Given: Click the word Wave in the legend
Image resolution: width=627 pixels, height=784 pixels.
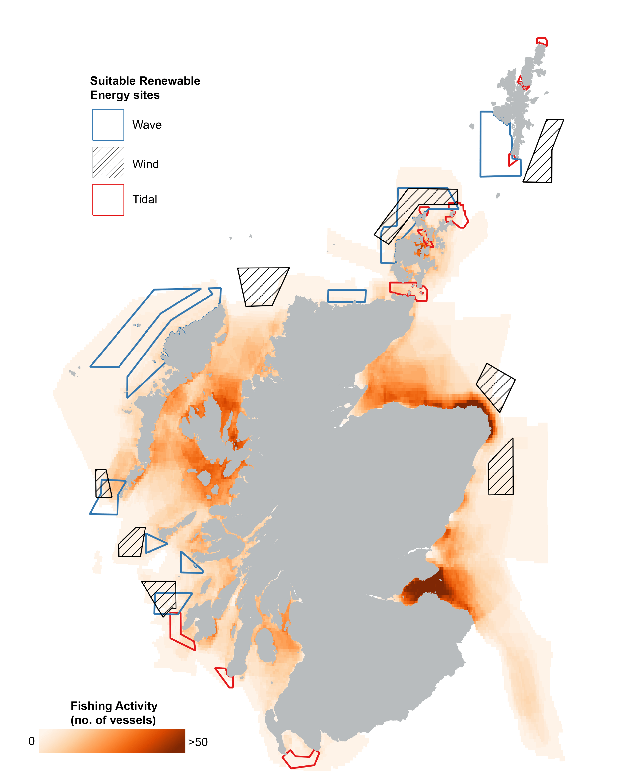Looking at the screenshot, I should tap(147, 125).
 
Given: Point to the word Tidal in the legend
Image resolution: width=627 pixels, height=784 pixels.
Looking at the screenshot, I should tap(145, 200).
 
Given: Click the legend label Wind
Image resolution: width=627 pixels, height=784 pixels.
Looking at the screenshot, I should tap(145, 164).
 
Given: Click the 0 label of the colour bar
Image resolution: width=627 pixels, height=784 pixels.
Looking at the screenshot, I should tap(32, 741).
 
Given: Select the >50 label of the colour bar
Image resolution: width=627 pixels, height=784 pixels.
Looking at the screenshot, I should tap(198, 742).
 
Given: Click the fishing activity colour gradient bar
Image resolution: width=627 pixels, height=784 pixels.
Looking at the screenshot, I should tap(112, 741).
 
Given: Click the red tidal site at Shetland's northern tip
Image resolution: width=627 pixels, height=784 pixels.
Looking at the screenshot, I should tap(542, 41).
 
